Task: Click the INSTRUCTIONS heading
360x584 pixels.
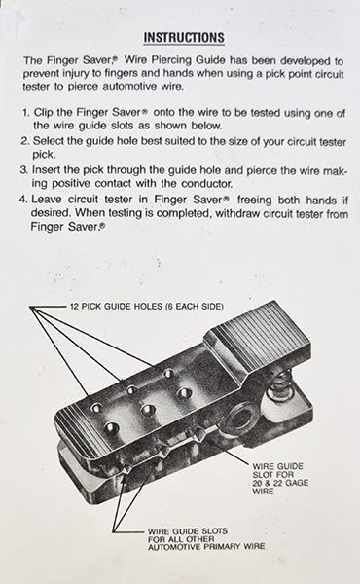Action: pyautogui.click(x=184, y=38)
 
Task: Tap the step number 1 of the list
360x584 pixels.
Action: pyautogui.click(x=25, y=113)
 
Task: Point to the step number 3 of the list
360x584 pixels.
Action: pyautogui.click(x=23, y=169)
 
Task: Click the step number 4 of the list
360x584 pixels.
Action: pyautogui.click(x=23, y=199)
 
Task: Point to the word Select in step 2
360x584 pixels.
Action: pyautogui.click(x=48, y=141)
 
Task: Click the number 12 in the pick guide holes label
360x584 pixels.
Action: pyautogui.click(x=74, y=307)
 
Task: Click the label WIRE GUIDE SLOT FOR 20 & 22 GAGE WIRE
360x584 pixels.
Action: pyautogui.click(x=280, y=479)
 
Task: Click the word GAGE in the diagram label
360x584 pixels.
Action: pyautogui.click(x=296, y=483)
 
